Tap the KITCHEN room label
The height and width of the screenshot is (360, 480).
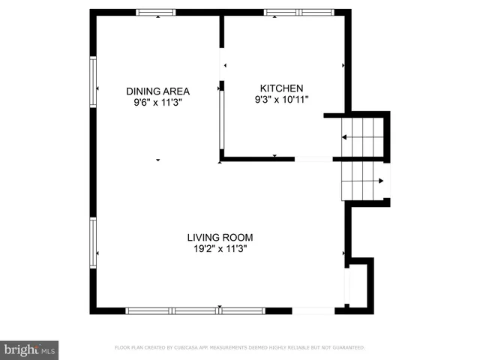[x=281, y=87]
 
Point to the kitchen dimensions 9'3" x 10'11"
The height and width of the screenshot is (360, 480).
[x=281, y=99]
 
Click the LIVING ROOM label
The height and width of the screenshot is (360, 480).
[x=220, y=238]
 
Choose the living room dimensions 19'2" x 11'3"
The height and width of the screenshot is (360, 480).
[x=220, y=250]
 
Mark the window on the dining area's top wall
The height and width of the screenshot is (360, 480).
[x=155, y=12]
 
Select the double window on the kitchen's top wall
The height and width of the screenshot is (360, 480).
[x=299, y=12]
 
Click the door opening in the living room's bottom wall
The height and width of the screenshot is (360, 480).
[x=313, y=310]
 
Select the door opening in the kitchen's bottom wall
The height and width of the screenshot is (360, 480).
[x=313, y=159]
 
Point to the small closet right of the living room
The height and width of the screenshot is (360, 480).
[x=358, y=285]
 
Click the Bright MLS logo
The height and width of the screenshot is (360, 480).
[x=30, y=349]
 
